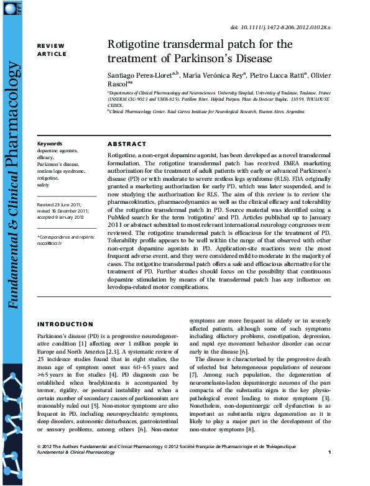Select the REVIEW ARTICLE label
pyautogui.click(x=52, y=50)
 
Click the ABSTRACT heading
pyautogui.click(x=127, y=144)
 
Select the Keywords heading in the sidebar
pyautogui.click(x=50, y=144)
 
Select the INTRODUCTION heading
pyautogui.click(x=65, y=324)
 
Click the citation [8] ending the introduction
pyautogui.click(x=250, y=430)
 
